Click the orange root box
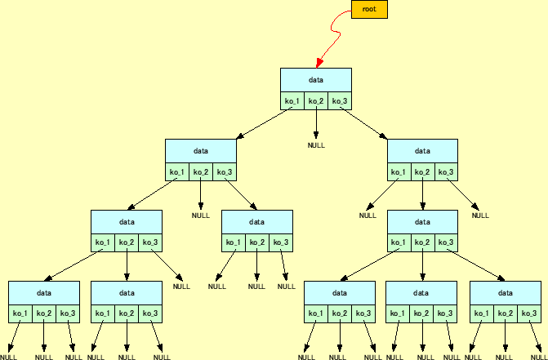368,9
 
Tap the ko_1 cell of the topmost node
292,101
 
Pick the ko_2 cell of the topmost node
316,101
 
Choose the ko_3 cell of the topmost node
340,101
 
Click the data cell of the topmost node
316,80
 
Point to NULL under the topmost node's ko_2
316,145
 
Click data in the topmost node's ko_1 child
201,151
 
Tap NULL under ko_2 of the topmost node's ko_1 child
201,216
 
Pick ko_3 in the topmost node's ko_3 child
446,172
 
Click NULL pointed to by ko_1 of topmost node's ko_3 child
368,216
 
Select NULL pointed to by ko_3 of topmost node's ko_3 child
480,216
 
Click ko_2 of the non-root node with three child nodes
422,243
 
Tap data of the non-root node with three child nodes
422,222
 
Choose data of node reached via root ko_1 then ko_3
257,222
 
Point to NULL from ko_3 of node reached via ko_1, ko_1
181,287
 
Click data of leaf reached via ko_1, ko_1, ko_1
44,292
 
